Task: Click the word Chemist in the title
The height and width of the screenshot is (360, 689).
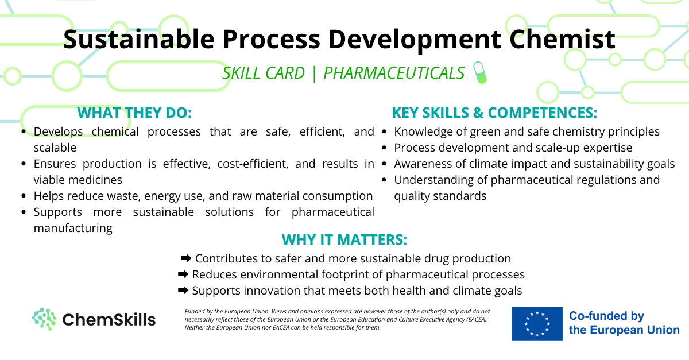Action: point(562,39)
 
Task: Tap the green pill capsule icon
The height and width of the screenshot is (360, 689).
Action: point(480,72)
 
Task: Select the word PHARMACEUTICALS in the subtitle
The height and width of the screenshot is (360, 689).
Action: point(394,73)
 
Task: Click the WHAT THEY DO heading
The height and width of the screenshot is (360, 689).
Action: point(134,113)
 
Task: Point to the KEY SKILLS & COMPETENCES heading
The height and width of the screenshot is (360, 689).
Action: point(494,113)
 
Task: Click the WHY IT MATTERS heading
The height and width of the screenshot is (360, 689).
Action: point(344,239)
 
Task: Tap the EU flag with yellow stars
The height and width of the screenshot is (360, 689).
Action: point(537,324)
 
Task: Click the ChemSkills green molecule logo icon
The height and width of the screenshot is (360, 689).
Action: point(44,319)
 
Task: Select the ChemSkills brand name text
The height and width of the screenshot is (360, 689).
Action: point(109,320)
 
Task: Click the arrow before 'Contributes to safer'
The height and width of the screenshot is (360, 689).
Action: point(186,258)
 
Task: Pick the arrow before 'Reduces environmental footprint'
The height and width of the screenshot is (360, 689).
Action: point(183,274)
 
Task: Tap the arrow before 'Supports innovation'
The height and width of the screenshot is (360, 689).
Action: point(183,290)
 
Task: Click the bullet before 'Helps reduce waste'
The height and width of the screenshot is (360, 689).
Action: point(24,196)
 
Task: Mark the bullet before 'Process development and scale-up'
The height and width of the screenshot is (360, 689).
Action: point(384,148)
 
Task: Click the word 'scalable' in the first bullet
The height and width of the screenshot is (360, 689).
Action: point(55,148)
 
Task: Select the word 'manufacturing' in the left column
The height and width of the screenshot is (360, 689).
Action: point(73,229)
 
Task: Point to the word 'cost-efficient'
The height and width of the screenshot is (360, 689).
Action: point(253,164)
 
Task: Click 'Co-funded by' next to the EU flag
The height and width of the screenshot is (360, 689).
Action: point(606,316)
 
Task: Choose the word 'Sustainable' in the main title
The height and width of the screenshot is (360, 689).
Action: point(139,39)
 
